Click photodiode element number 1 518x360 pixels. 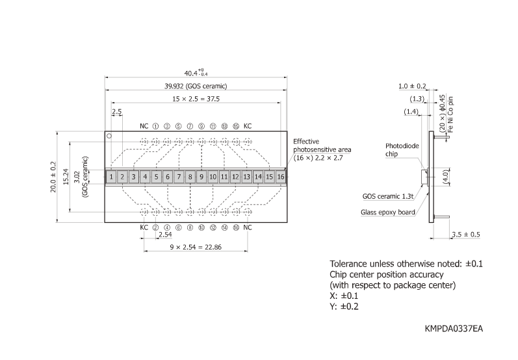pyautogui.click(x=112, y=176)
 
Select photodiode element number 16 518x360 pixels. pyautogui.click(x=280, y=176)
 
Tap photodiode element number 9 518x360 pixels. pyautogui.click(x=201, y=176)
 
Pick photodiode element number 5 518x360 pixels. pyautogui.click(x=157, y=176)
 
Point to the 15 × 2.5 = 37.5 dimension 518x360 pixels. pyautogui.click(x=196, y=99)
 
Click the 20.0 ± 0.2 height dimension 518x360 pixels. pyautogui.click(x=54, y=176)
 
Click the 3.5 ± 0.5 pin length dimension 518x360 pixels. pyautogui.click(x=466, y=234)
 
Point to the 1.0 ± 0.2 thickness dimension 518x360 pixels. pyautogui.click(x=412, y=86)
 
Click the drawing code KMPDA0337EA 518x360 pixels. pyautogui.click(x=454, y=329)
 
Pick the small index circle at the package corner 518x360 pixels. pyautogui.click(x=110, y=136)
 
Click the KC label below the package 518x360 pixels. pyautogui.click(x=144, y=227)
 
